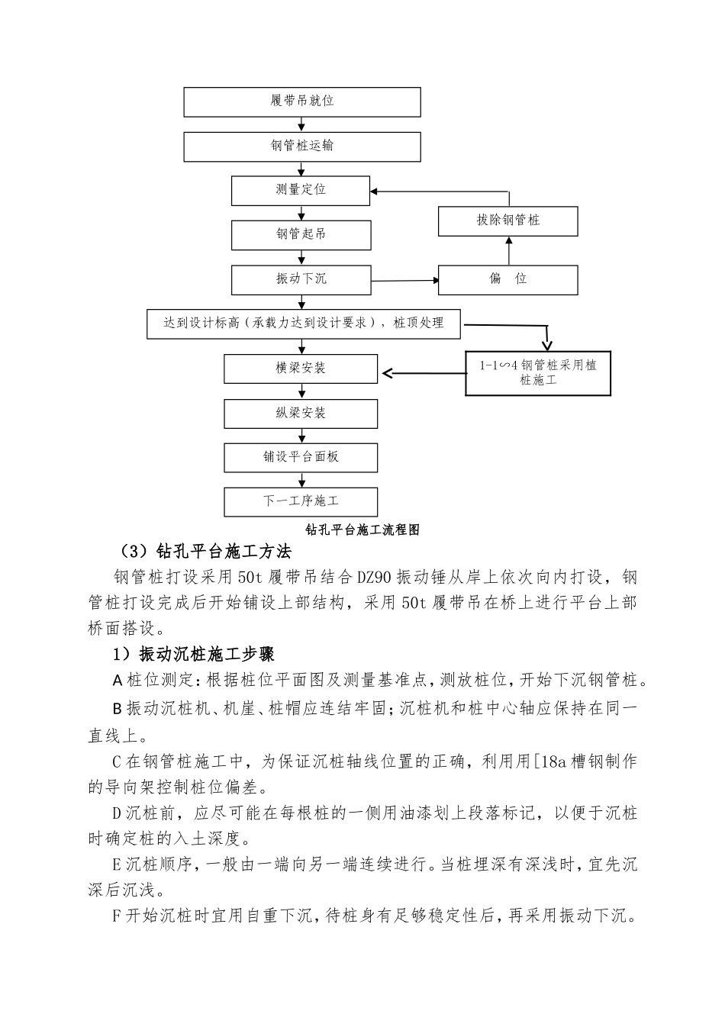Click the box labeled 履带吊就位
(x=301, y=101)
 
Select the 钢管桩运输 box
(x=301, y=146)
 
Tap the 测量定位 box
(x=301, y=190)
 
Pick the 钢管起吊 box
(x=301, y=235)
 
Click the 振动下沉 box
(x=301, y=279)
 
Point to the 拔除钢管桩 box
(x=507, y=221)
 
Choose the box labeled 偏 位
(x=507, y=280)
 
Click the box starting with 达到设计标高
(x=304, y=324)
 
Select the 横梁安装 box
(x=301, y=369)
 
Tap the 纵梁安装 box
(x=301, y=413)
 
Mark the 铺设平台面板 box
(x=301, y=457)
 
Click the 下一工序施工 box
(x=301, y=501)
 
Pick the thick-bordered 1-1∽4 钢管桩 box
(x=538, y=373)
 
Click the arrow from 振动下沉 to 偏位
(x=404, y=281)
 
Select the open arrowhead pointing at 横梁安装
(x=388, y=373)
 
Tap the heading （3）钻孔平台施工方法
(x=205, y=551)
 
